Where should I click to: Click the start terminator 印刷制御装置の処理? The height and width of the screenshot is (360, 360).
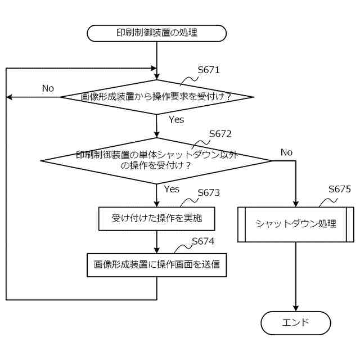(x=156, y=33)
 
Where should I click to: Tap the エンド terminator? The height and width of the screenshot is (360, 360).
(x=295, y=323)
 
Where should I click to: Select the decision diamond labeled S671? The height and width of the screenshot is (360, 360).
(x=157, y=97)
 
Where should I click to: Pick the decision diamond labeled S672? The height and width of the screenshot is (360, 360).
(x=157, y=160)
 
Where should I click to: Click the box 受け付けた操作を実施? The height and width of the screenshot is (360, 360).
(x=157, y=218)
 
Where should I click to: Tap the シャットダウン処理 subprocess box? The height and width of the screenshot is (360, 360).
(x=295, y=224)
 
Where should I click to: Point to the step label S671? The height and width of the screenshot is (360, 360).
(x=209, y=71)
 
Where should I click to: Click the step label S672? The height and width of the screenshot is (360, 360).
(x=220, y=134)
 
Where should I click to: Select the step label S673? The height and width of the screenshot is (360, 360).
(x=208, y=193)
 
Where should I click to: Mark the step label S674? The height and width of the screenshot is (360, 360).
(x=203, y=241)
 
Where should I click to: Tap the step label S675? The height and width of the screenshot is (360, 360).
(x=340, y=189)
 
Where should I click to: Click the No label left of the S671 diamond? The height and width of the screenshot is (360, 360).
(x=48, y=88)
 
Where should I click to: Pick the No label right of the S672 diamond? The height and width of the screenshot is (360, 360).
(x=286, y=152)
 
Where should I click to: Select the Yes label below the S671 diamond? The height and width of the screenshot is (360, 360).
(x=176, y=120)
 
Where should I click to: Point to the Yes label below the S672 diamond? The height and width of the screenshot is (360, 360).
(x=172, y=189)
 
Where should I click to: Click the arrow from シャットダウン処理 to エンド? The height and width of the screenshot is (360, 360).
(x=295, y=277)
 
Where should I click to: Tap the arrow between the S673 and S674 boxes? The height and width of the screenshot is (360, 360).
(x=157, y=242)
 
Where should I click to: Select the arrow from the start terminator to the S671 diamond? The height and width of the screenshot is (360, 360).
(x=157, y=59)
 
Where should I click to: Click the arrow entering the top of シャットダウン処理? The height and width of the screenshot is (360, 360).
(x=295, y=186)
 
